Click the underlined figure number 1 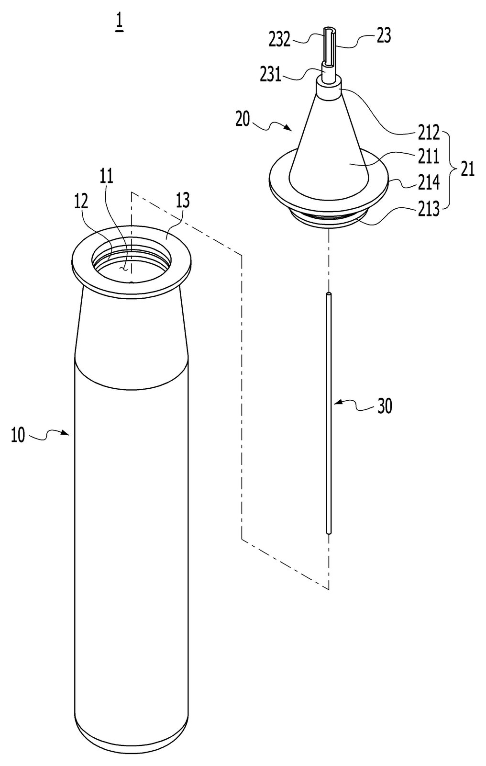tap(119, 23)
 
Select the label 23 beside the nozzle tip tap(384, 36)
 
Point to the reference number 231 tap(270, 75)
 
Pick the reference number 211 tap(428, 157)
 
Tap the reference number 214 tap(428, 183)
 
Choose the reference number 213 tap(428, 209)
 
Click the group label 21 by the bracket tap(467, 170)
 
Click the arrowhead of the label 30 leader tap(335, 403)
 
